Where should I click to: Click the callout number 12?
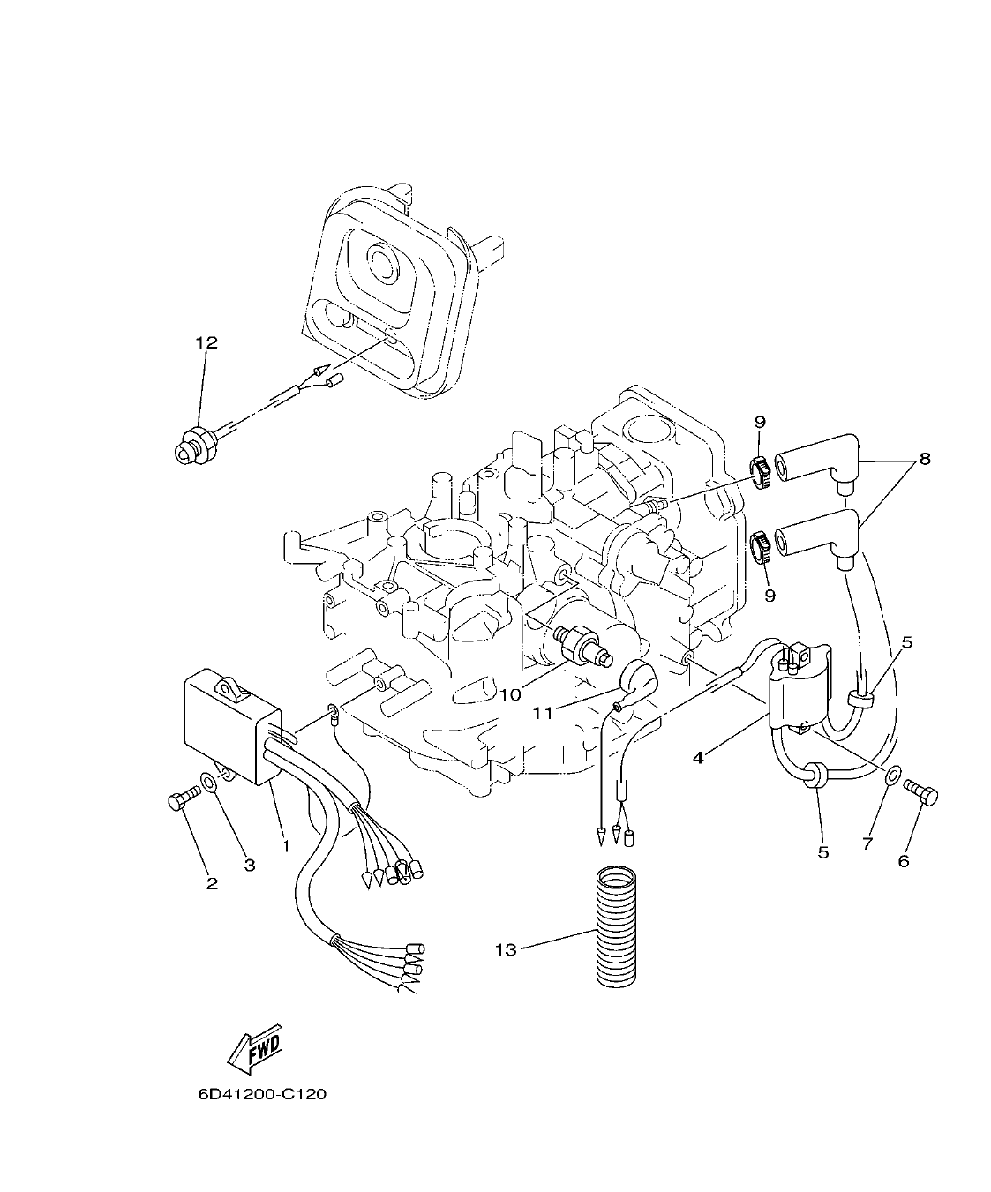pos(206,342)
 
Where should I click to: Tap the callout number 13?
pos(505,949)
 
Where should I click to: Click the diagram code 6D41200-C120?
pos(262,1094)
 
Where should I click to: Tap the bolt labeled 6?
pos(923,793)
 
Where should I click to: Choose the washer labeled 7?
pos(892,775)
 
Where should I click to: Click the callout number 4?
pos(697,758)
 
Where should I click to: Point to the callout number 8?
pos(924,459)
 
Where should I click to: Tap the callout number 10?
pos(510,694)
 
